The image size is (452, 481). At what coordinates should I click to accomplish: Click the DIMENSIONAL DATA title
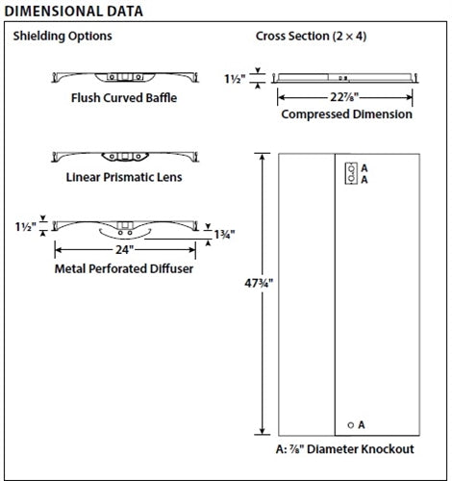tap(74, 12)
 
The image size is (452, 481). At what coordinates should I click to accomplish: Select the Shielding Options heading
tap(62, 37)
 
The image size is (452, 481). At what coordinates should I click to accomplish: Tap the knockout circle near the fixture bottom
tap(350, 424)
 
